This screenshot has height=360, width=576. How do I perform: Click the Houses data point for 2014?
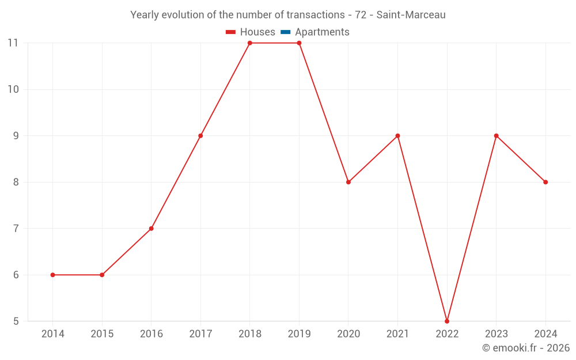[52, 275]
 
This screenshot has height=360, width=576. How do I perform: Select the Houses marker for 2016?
[151, 229]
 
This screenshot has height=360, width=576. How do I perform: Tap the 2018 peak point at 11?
[249, 43]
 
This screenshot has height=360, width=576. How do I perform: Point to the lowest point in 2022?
[447, 321]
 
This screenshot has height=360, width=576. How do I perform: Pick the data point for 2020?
[348, 182]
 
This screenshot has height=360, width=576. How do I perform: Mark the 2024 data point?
[545, 182]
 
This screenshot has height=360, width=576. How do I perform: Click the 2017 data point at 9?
[200, 136]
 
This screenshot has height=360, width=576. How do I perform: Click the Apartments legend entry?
[322, 32]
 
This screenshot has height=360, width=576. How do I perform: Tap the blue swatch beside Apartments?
[285, 32]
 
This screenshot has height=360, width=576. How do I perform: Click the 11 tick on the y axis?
[13, 43]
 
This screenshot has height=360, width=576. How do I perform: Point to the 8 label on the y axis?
[16, 182]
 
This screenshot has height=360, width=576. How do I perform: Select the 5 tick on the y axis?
[16, 321]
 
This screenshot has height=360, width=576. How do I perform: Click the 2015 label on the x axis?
[102, 334]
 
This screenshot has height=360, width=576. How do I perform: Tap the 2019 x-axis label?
[299, 334]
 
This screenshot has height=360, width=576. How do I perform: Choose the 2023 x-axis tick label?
[496, 334]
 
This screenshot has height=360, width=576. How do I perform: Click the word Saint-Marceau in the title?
[411, 15]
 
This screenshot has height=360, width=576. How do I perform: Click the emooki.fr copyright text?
[526, 348]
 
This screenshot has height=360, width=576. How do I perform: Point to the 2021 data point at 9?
[397, 136]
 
